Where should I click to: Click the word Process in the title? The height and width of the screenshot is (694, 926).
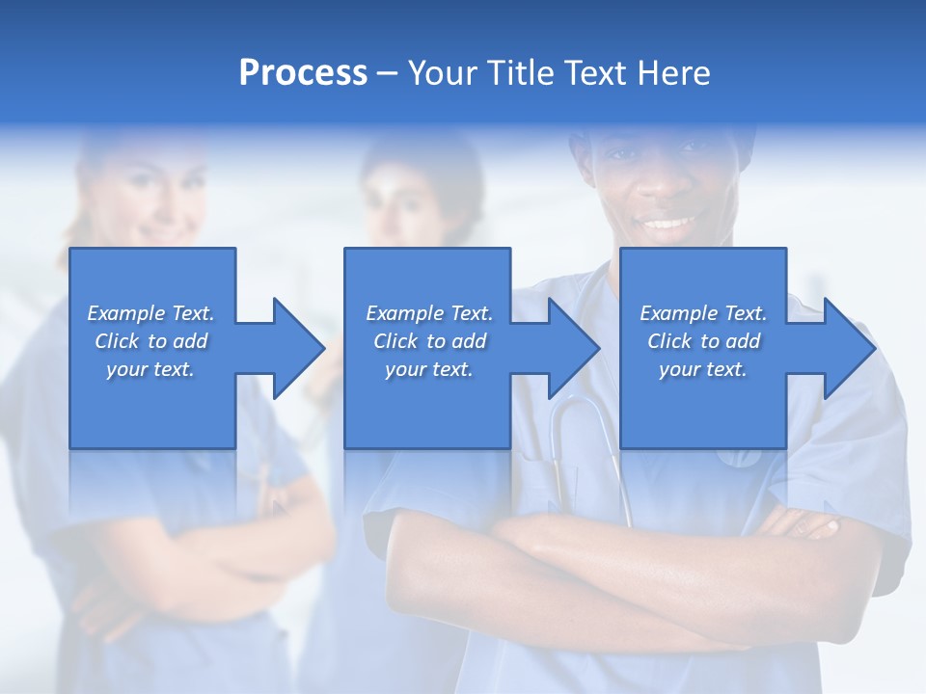[x=303, y=73]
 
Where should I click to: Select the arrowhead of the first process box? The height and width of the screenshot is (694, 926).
[x=299, y=348]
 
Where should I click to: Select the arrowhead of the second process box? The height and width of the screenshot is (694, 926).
[x=574, y=348]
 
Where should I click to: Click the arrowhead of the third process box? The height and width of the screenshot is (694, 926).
[x=849, y=348]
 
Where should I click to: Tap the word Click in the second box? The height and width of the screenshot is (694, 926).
[x=395, y=341]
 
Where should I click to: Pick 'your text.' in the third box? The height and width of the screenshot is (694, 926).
[x=702, y=369]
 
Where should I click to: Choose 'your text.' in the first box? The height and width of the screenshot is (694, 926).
[x=150, y=369]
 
